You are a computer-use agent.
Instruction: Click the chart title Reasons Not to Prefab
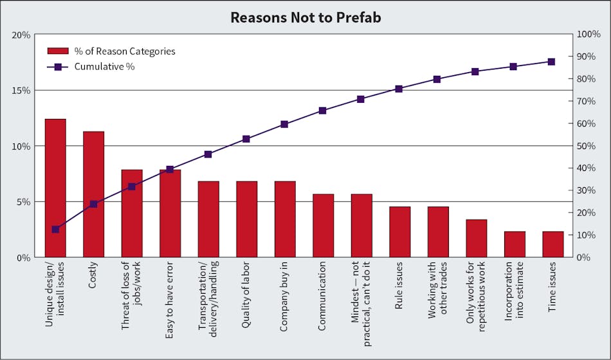click(x=305, y=17)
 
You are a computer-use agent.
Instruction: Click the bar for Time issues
click(x=552, y=244)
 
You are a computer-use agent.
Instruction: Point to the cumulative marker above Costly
click(x=93, y=204)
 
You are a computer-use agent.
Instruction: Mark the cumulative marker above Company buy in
click(x=284, y=124)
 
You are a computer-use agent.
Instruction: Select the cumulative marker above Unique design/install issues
click(x=55, y=230)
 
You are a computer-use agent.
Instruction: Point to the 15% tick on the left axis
click(x=21, y=90)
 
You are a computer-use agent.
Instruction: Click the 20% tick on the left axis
click(x=21, y=35)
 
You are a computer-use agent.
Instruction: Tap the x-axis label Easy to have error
click(x=170, y=296)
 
